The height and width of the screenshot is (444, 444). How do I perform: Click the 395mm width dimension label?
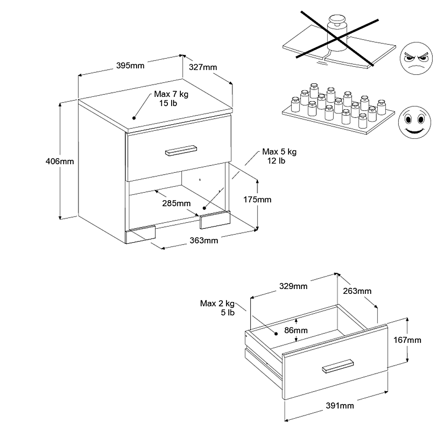(130, 65)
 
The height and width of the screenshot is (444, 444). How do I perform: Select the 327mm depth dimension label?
(203, 67)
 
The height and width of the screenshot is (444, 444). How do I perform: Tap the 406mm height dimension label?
(60, 161)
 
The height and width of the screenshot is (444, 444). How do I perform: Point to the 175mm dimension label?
(258, 199)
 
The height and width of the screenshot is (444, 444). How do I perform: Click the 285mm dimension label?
(177, 203)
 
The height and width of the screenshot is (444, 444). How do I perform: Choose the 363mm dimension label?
(204, 241)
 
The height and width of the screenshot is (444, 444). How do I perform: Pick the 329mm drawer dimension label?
(293, 286)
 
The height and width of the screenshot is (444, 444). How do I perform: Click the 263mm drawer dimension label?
(357, 291)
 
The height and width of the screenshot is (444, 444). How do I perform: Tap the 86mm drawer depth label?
(296, 330)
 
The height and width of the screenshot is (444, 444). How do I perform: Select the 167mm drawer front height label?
(407, 340)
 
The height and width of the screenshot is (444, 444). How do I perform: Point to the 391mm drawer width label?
(340, 405)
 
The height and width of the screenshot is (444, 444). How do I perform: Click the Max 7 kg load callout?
(171, 98)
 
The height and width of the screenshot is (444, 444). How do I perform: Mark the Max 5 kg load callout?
(279, 156)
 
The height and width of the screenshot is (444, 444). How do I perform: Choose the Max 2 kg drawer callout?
(217, 308)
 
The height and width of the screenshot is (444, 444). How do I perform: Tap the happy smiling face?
(414, 120)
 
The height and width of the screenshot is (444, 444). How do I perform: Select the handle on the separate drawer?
(338, 365)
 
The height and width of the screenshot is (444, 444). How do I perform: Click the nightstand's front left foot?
(140, 235)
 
